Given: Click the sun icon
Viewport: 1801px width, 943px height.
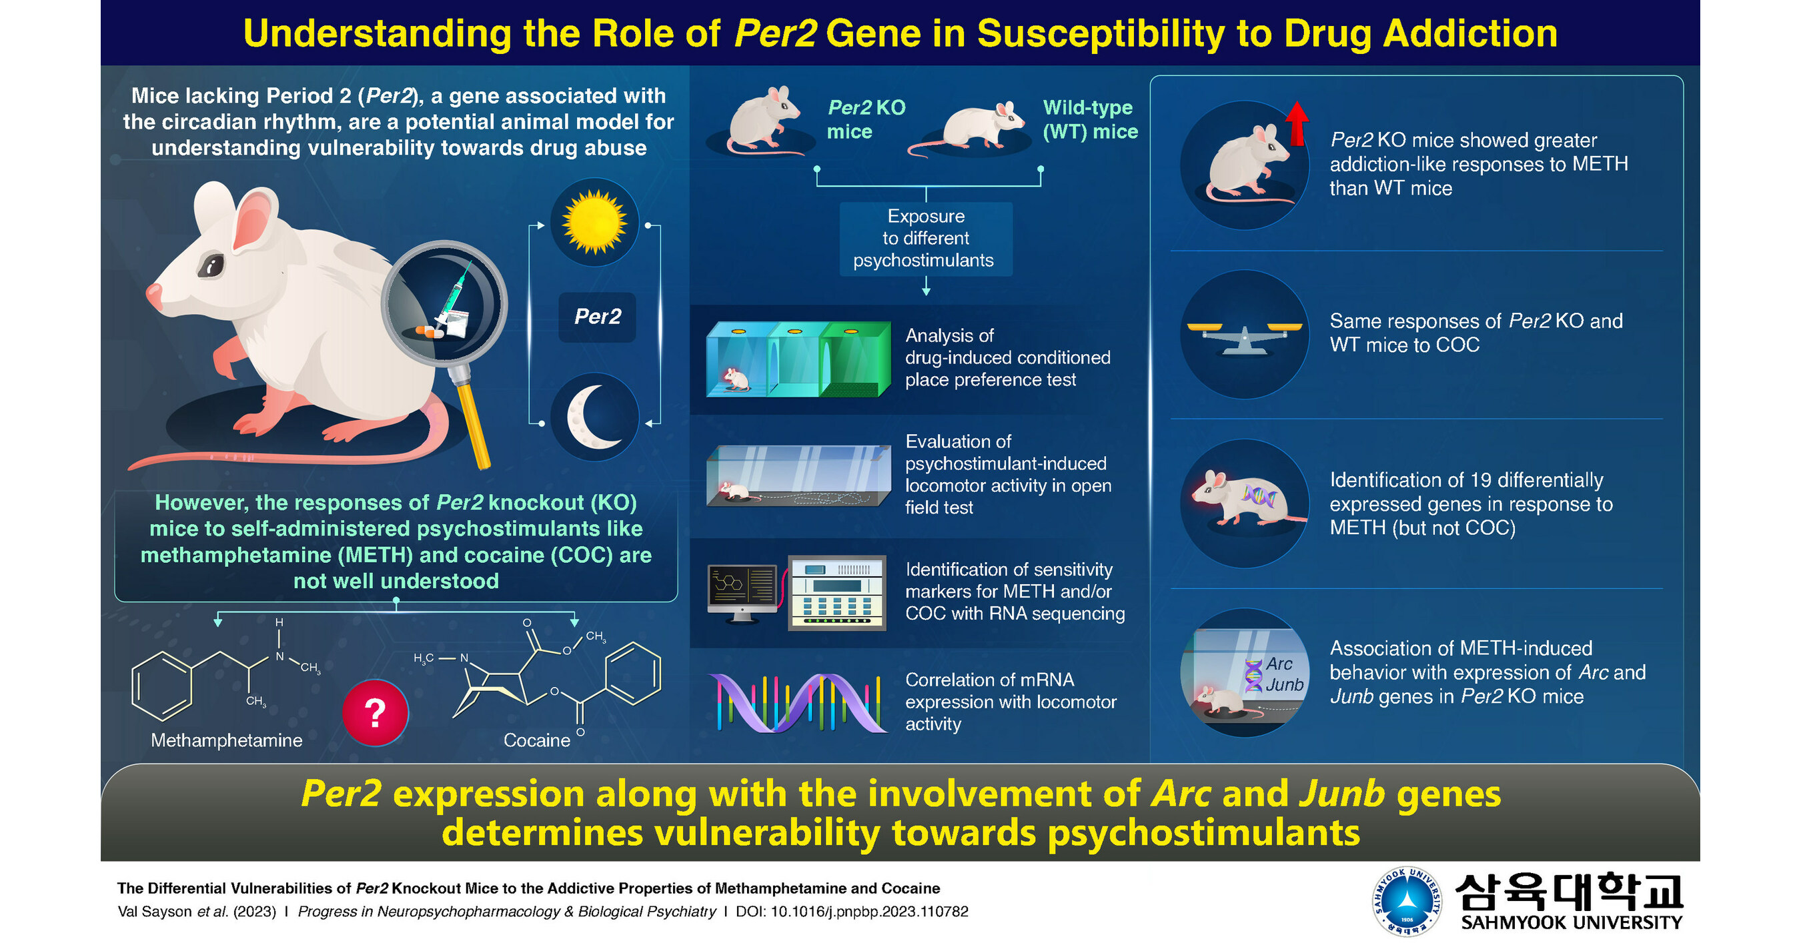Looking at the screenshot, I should (x=594, y=222).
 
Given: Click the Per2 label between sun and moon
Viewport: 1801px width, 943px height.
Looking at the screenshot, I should (x=597, y=317).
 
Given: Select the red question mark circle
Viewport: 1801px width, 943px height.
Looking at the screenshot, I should (x=376, y=712).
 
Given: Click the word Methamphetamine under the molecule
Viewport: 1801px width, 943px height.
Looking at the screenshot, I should (x=227, y=740).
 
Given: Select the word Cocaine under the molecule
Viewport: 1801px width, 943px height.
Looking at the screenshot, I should (x=537, y=740).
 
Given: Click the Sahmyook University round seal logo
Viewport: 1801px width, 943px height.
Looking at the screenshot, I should (x=1407, y=902).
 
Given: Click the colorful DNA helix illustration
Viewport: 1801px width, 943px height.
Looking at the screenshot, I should (x=797, y=702).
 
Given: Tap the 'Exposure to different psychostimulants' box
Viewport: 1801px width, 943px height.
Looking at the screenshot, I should (x=926, y=238).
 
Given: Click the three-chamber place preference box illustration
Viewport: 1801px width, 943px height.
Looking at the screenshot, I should (x=798, y=359).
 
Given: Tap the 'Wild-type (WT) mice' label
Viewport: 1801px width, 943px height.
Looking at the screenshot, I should (x=1089, y=119).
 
